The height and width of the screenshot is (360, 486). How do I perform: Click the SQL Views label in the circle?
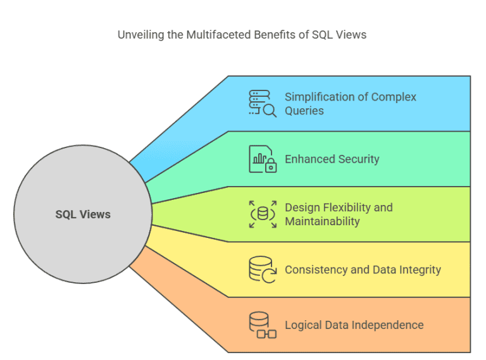pyautogui.click(x=83, y=214)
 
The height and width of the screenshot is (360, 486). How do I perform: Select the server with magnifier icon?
pyautogui.click(x=262, y=103)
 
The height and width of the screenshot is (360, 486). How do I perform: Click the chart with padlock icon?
pyautogui.click(x=262, y=159)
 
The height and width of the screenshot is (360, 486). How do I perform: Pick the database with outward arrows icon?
pyautogui.click(x=262, y=214)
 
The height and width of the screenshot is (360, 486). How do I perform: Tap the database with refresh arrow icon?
pyautogui.click(x=262, y=270)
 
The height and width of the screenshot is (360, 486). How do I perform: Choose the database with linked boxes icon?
pyautogui.click(x=262, y=325)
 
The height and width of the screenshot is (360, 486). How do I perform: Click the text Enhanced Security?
pyautogui.click(x=332, y=159)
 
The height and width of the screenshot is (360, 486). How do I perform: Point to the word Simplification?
pyautogui.click(x=319, y=97)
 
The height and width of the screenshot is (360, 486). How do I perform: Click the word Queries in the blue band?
pyautogui.click(x=304, y=111)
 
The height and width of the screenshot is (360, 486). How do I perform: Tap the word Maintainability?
pyautogui.click(x=322, y=221)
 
